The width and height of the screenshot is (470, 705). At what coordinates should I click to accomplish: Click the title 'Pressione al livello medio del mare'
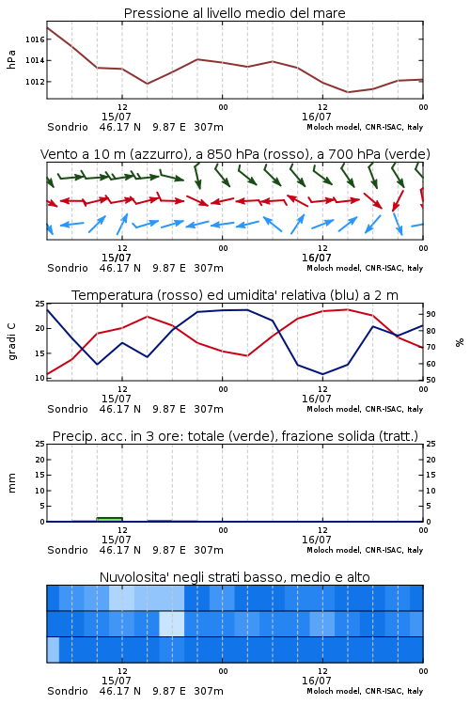[x=234, y=13]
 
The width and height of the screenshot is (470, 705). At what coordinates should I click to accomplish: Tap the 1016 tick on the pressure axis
[x=35, y=39]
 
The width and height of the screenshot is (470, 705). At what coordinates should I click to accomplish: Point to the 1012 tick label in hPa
[x=35, y=82]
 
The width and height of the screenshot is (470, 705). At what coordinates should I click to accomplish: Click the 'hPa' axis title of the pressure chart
[x=11, y=59]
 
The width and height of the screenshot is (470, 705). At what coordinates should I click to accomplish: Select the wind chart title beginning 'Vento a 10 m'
[x=235, y=154]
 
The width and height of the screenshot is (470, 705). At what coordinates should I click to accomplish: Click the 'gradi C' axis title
[x=12, y=342]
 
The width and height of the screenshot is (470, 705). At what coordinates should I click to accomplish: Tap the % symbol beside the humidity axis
[x=460, y=342]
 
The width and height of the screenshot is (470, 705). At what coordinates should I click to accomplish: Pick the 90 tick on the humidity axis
[x=431, y=314]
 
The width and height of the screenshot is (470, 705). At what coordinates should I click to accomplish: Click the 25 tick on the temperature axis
[x=40, y=304]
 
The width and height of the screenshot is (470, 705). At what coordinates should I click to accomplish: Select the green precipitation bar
[x=109, y=519]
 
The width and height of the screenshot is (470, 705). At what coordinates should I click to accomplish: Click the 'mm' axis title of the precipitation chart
[x=12, y=483]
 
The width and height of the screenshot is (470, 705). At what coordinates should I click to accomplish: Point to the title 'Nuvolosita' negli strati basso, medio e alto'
[x=234, y=577]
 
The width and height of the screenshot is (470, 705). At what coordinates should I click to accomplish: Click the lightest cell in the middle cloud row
[x=172, y=623]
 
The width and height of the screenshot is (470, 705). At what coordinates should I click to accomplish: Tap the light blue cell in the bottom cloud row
[x=53, y=650]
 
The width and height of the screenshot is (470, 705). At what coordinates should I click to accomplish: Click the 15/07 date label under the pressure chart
[x=116, y=117]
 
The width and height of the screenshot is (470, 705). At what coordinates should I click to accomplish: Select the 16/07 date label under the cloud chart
[x=316, y=681]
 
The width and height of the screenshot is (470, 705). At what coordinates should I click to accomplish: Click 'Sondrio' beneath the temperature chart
[x=68, y=409]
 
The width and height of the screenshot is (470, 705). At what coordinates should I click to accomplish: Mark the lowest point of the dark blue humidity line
[x=322, y=374]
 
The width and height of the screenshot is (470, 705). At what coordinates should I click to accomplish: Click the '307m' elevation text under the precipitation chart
[x=209, y=550]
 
